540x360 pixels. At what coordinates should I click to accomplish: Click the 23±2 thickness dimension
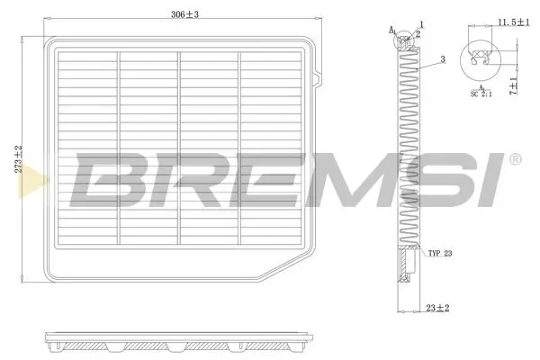(x=437, y=308)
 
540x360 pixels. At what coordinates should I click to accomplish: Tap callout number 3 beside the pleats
(x=443, y=59)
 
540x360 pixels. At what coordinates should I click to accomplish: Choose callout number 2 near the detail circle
(x=418, y=33)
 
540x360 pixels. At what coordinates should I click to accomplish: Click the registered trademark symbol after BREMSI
(x=515, y=159)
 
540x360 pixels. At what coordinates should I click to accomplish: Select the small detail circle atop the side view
(x=406, y=39)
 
